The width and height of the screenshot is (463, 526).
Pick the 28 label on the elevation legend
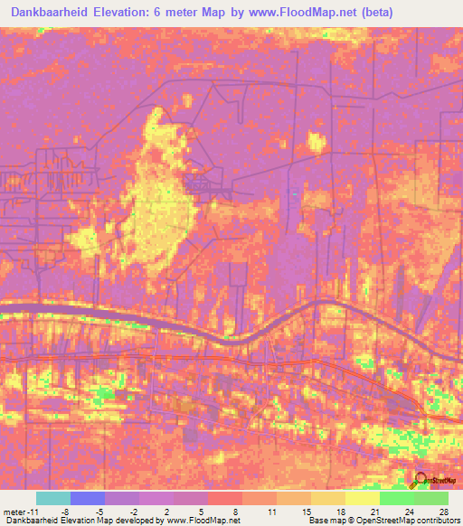click(x=443, y=512)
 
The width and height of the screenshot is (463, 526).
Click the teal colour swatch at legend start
click(x=52, y=498)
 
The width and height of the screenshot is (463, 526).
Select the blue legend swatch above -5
click(x=88, y=498)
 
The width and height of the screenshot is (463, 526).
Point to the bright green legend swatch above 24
click(x=396, y=498)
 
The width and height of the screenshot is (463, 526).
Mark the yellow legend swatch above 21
click(x=362, y=498)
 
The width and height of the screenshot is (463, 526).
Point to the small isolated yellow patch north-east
click(x=316, y=141)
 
